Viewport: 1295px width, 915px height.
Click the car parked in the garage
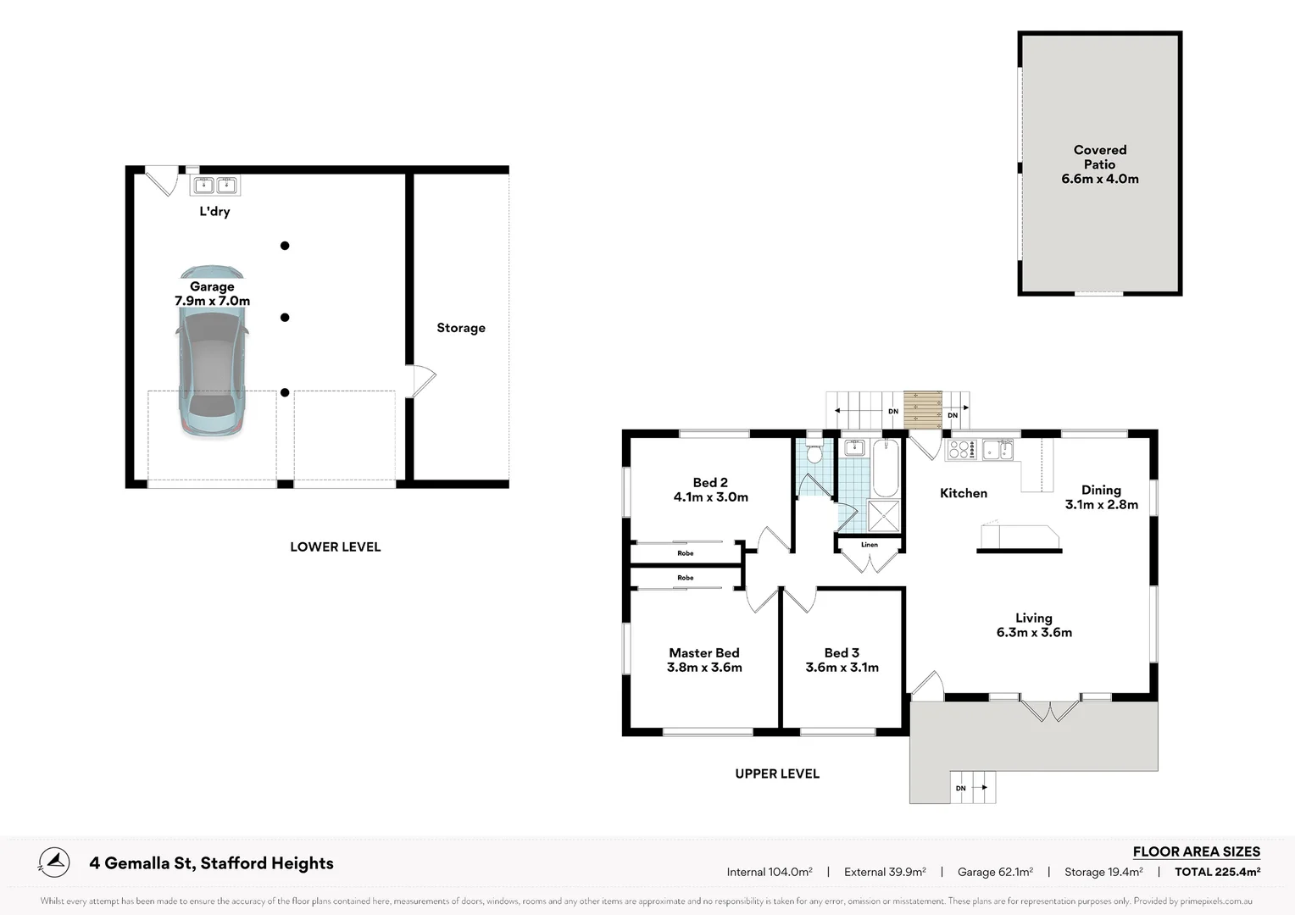click(x=212, y=352)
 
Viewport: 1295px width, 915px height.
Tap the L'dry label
click(x=214, y=212)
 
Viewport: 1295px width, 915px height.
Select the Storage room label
click(x=461, y=328)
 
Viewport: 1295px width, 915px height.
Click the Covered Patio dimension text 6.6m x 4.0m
click(x=1099, y=179)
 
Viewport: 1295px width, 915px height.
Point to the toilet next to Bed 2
click(x=814, y=453)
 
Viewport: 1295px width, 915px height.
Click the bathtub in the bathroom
click(x=885, y=469)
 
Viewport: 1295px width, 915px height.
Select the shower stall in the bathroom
click(x=884, y=516)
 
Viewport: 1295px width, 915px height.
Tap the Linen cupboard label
click(x=869, y=545)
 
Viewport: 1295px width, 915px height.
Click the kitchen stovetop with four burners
click(x=960, y=449)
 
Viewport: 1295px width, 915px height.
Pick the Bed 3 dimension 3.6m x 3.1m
click(x=842, y=667)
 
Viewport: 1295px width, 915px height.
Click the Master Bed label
click(x=704, y=652)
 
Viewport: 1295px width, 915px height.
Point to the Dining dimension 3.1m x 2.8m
click(x=1101, y=505)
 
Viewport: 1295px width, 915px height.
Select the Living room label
click(x=1034, y=618)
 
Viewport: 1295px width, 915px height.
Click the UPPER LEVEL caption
click(x=777, y=774)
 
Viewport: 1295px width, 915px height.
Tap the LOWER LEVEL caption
click(x=336, y=546)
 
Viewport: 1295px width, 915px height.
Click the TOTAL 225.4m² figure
click(x=1217, y=872)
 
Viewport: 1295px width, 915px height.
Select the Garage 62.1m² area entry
click(x=995, y=872)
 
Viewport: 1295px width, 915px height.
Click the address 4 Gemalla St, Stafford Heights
click(x=211, y=863)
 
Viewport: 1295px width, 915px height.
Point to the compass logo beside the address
click(x=54, y=862)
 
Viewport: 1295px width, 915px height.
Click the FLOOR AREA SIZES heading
click(x=1196, y=851)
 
